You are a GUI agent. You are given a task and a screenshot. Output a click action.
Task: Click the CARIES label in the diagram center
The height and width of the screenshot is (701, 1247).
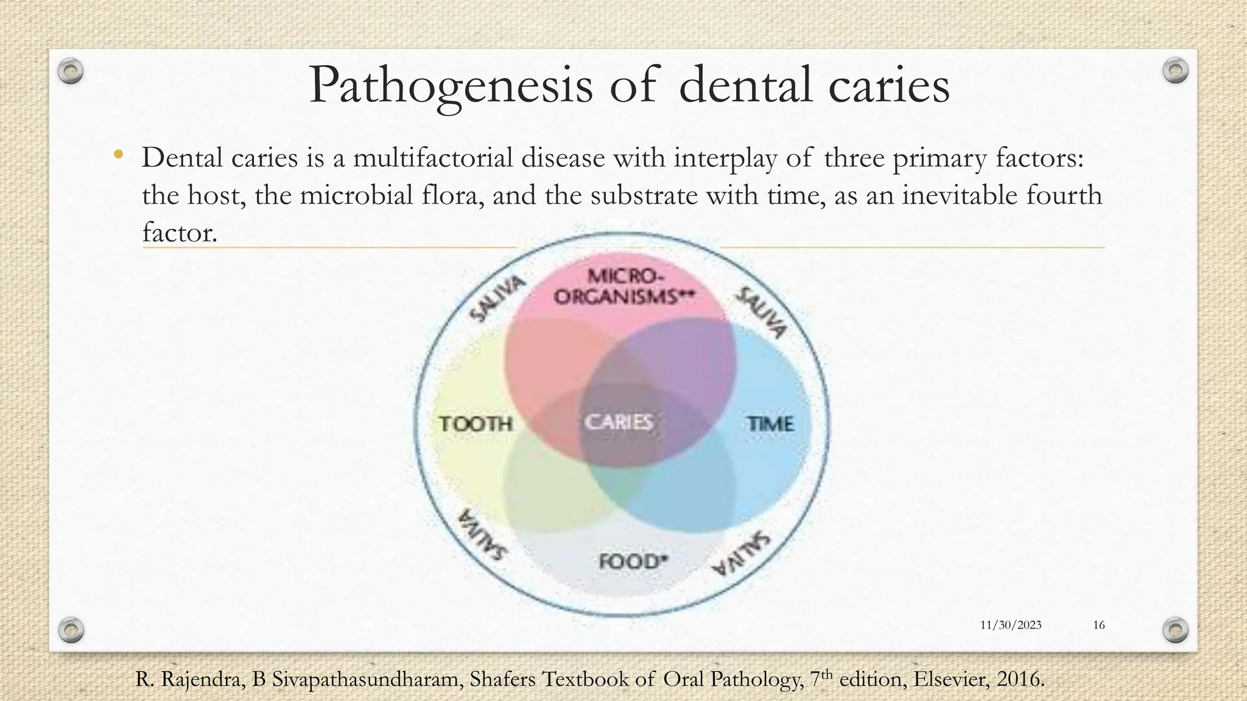coord(619,422)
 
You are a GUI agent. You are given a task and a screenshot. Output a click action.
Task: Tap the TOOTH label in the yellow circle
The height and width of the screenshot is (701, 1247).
coord(476,424)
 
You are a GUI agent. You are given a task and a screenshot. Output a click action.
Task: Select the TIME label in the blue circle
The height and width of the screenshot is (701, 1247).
coord(771,424)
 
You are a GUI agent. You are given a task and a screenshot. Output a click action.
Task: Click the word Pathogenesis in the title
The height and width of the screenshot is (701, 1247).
coord(450,86)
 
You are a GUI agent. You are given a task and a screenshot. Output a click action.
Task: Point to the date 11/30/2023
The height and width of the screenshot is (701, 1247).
coord(1011,625)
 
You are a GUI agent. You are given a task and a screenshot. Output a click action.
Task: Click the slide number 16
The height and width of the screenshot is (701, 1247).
coord(1099,625)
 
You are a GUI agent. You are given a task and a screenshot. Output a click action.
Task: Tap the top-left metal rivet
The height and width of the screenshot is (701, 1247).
coord(71,71)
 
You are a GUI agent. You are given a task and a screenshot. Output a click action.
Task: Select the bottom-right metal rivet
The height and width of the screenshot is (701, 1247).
coord(1176,629)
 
